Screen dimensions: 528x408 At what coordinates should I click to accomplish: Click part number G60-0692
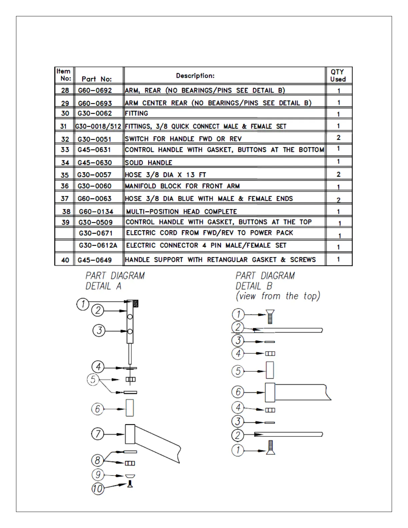(95, 90)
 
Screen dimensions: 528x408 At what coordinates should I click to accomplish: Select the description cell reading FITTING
(136, 113)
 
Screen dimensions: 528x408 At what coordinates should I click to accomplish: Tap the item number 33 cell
(65, 150)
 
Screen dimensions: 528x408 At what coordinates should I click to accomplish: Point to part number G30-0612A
(98, 246)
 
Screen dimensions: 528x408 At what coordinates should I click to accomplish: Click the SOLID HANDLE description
(148, 163)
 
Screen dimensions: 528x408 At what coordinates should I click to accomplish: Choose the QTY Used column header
(338, 76)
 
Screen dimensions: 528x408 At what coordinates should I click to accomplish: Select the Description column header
(195, 76)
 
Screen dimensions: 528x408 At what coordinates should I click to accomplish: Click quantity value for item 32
(338, 138)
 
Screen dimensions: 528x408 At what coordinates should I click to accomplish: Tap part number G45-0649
(95, 260)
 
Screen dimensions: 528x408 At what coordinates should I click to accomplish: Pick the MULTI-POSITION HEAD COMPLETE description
(181, 212)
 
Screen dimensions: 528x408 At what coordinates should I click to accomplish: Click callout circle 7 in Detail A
(98, 434)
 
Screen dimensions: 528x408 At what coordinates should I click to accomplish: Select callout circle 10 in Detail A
(98, 489)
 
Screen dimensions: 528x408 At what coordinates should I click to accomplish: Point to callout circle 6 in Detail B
(238, 392)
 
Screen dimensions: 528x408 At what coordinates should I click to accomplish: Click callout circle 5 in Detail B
(238, 371)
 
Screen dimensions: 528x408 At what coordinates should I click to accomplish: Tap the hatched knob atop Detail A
(135, 303)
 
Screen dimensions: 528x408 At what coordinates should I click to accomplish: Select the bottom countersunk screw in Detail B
(271, 448)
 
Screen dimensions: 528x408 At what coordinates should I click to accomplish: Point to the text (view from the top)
(278, 296)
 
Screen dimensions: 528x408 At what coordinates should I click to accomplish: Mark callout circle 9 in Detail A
(98, 475)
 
